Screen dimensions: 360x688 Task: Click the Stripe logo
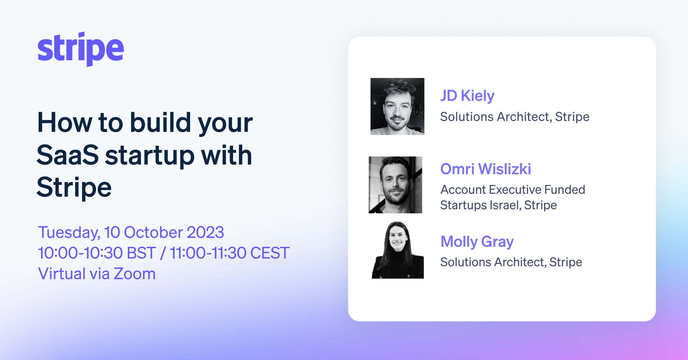pos(81,49)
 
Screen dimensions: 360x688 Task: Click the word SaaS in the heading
pos(68,155)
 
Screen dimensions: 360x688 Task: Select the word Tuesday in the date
pos(69,232)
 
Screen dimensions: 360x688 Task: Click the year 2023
pos(205,232)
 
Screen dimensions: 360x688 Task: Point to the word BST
pos(141,253)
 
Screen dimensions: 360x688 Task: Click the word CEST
pos(269,253)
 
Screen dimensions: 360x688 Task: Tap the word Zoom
pos(134,274)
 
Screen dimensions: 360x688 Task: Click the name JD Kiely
pos(467,96)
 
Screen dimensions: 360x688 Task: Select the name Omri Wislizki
pos(486,169)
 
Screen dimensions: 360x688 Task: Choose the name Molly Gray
pos(477,242)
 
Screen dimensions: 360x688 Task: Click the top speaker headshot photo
pos(397,106)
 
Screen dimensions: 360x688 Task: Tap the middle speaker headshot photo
pos(395,185)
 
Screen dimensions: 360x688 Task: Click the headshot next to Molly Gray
pos(398,250)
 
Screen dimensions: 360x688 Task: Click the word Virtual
pos(62,274)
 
